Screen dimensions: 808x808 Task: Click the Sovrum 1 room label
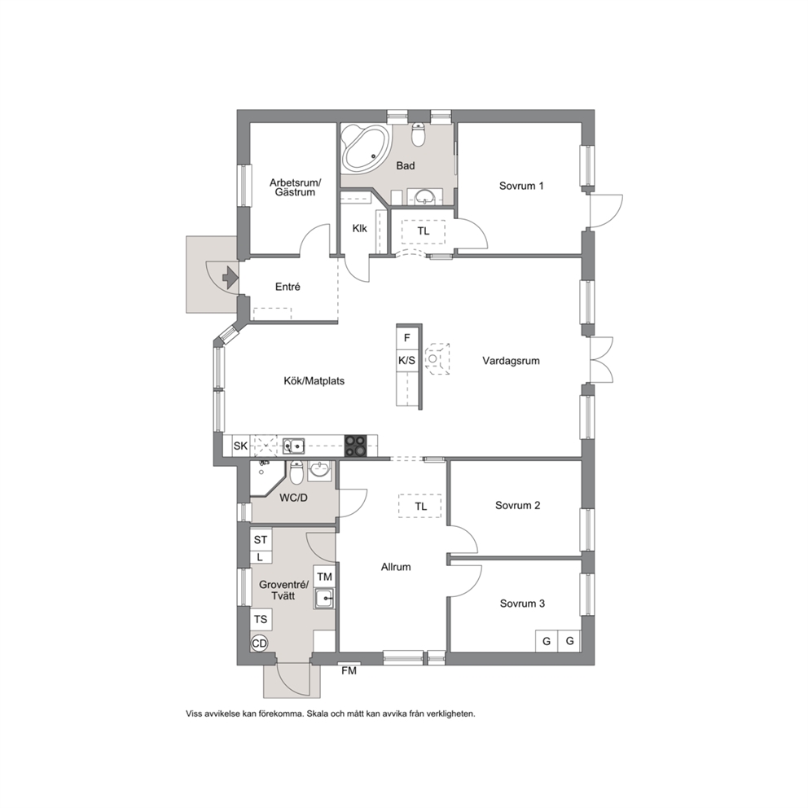pos(521,186)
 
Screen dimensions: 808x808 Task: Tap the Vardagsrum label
pos(512,361)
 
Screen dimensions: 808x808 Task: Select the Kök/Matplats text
pos(314,381)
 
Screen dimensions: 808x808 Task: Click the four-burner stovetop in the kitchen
pos(356,446)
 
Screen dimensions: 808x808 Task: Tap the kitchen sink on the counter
pos(294,446)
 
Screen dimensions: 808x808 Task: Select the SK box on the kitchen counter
pos(240,446)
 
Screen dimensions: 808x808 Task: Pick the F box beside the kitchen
pos(407,338)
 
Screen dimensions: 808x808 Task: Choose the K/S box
pos(407,361)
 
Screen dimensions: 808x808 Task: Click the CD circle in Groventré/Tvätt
pos(260,643)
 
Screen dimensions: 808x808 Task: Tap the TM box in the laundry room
pos(324,577)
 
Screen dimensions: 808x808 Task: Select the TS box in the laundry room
pos(261,619)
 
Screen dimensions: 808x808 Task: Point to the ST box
pos(260,539)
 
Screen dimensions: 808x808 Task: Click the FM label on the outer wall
pos(349,671)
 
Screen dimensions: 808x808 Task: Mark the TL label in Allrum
pos(420,507)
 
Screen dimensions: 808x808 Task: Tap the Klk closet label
pos(360,228)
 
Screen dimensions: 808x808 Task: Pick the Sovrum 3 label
pos(522,604)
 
